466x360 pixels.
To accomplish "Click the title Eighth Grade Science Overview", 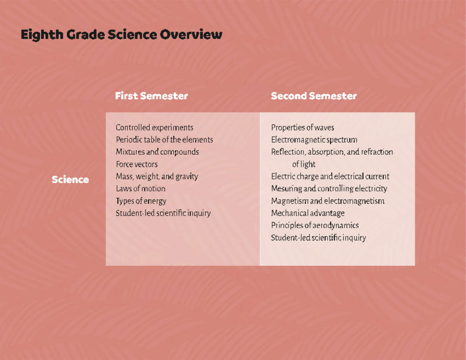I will (121, 35).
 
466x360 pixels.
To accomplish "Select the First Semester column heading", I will (151, 96).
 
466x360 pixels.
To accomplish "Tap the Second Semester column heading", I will (314, 96).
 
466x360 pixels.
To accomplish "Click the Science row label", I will (70, 180).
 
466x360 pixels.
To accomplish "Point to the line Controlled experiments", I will (154, 128).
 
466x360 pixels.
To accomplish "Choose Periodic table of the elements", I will (164, 140).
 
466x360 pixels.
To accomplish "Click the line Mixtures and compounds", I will (157, 152).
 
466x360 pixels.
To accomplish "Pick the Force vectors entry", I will (137, 164).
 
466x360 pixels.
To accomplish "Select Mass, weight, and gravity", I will (157, 177).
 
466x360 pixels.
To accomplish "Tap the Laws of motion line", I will (141, 189).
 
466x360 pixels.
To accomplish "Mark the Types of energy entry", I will (141, 201).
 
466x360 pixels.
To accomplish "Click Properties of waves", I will (303, 128).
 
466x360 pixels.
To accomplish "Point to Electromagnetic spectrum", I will (314, 140).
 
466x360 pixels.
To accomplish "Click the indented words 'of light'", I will (304, 164).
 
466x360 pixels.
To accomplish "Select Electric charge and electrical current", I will (330, 177).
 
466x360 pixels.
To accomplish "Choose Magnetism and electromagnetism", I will (328, 201).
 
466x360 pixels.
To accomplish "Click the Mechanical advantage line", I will (308, 213).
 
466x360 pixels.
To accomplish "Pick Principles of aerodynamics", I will (315, 225).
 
